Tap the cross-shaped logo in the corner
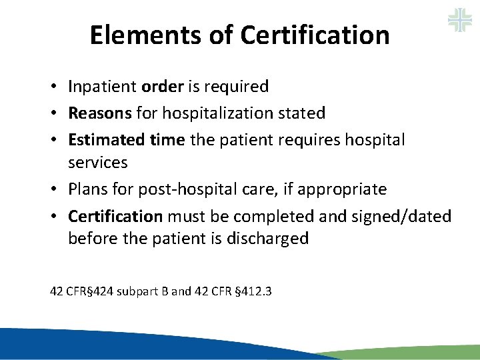coord(459,20)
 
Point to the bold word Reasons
coord(100,113)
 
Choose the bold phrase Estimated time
coord(127,140)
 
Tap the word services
coord(97,163)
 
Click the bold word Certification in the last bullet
coord(115,216)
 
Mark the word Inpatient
coord(103,87)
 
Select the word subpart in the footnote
coord(137,291)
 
